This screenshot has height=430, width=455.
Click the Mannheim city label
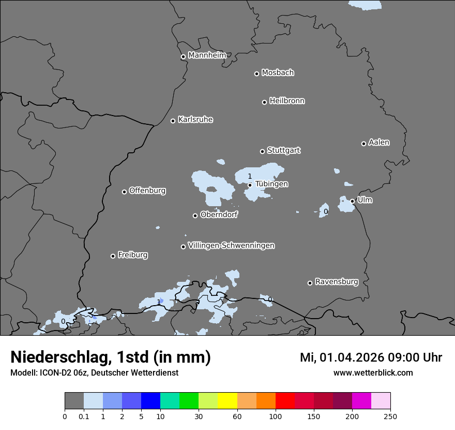pyautogui.click(x=207, y=55)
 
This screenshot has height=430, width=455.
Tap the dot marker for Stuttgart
pyautogui.click(x=262, y=151)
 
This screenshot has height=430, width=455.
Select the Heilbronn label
pyautogui.click(x=287, y=101)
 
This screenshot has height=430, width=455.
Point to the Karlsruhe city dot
pyautogui.click(x=173, y=121)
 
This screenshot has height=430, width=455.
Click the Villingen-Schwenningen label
pyautogui.click(x=231, y=246)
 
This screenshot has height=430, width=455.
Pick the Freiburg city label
pyautogui.click(x=132, y=255)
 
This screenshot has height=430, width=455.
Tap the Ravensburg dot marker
pyautogui.click(x=310, y=283)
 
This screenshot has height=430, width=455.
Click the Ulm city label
pyautogui.click(x=365, y=200)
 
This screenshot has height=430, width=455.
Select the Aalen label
pyautogui.click(x=379, y=142)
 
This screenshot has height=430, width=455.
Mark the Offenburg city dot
pyautogui.click(x=124, y=192)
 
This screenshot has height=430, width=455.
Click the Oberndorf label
pyautogui.click(x=219, y=214)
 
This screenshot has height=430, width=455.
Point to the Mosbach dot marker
pyautogui.click(x=256, y=74)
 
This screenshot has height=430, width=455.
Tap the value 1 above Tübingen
pyautogui.click(x=249, y=177)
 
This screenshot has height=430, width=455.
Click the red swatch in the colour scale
pyautogui.click(x=285, y=401)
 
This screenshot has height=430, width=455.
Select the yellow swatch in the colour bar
pyautogui.click(x=228, y=401)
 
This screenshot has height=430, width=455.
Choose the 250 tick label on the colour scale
pyautogui.click(x=390, y=416)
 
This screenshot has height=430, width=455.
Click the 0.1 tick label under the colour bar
pyautogui.click(x=84, y=416)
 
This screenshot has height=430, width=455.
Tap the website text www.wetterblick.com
pyautogui.click(x=373, y=372)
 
